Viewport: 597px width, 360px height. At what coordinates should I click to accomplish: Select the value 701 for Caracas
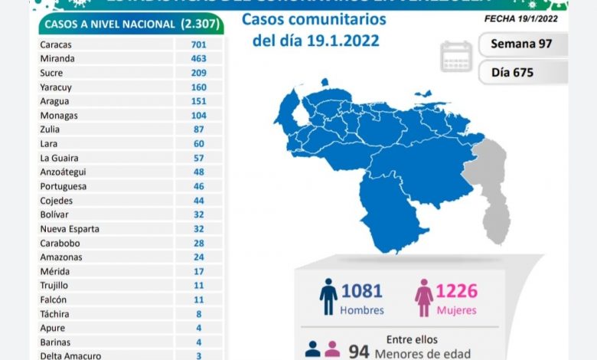tap(199, 44)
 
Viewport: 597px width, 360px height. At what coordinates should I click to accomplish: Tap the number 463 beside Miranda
tap(199, 58)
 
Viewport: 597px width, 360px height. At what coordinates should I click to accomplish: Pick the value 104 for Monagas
tap(199, 116)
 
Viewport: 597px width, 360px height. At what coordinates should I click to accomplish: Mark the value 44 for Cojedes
tap(199, 201)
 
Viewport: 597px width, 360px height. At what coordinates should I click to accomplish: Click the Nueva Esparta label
tap(69, 229)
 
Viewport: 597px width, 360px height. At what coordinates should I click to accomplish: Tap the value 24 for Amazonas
tap(199, 257)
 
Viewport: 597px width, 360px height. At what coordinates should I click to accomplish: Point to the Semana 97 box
tap(523, 44)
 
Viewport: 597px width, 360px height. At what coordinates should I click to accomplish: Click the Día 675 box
tap(523, 73)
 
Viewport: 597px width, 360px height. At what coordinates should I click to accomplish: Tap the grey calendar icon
tap(457, 57)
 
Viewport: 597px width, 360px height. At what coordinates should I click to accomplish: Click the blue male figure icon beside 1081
tap(329, 297)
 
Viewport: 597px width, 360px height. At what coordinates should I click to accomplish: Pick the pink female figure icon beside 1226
tap(423, 297)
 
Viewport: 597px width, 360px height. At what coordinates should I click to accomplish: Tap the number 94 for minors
tap(359, 352)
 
